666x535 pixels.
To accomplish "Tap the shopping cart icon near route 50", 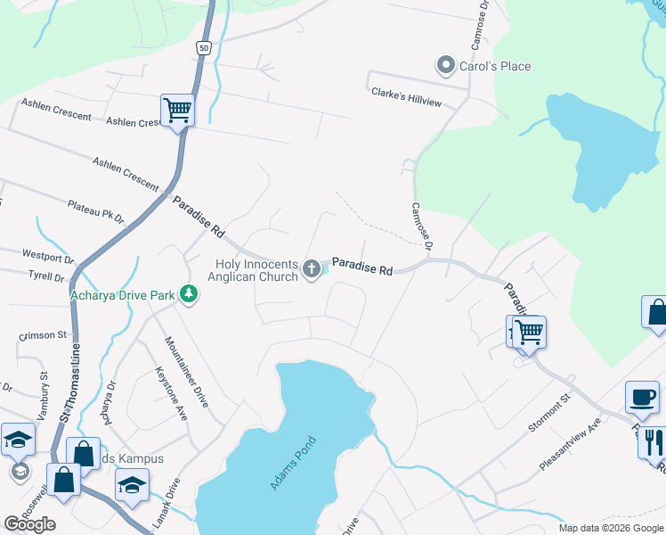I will point(177,111).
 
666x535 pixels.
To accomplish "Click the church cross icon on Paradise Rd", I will point(312,267).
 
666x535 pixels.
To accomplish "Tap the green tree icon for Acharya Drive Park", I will point(188,294).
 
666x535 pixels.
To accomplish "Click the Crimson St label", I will point(43,335).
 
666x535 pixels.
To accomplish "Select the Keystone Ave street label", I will point(171,393).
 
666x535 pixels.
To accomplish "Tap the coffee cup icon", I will point(643,397).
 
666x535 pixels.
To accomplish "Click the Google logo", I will point(29,524).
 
